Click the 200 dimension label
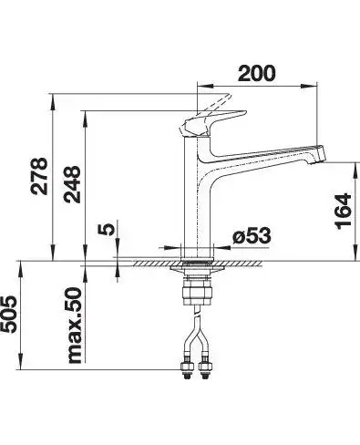[257, 73]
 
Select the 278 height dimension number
[39, 176]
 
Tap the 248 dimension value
[72, 184]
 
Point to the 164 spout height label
[343, 212]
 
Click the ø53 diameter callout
[252, 235]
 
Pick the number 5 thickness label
[107, 229]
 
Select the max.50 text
[74, 326]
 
